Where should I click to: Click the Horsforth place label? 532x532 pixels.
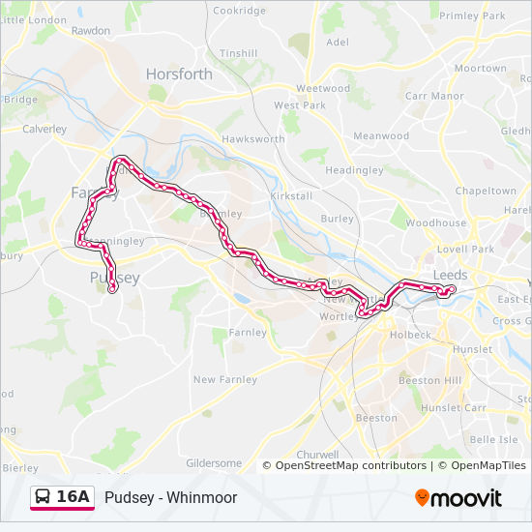[x=179, y=74]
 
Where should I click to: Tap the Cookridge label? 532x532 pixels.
[x=239, y=11]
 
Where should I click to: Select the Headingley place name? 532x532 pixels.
[x=354, y=170]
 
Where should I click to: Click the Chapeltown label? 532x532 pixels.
[x=486, y=192]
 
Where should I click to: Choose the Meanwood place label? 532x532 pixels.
[x=381, y=136]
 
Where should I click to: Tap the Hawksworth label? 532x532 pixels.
[x=253, y=139]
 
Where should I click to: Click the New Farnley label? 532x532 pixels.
[x=225, y=380]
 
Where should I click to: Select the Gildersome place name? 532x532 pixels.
[x=214, y=463]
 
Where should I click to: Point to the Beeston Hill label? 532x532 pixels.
[x=431, y=381]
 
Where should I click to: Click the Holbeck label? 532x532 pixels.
[x=410, y=335]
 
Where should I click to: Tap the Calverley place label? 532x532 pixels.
[x=44, y=129]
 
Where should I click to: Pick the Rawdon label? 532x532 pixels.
[x=91, y=31]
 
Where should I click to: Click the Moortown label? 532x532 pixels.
[x=481, y=69]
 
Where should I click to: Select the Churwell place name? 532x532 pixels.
[x=317, y=455]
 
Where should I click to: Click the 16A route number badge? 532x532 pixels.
[x=74, y=497]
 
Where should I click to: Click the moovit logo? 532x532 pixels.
[x=458, y=498]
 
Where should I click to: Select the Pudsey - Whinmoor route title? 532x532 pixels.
[x=171, y=498]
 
